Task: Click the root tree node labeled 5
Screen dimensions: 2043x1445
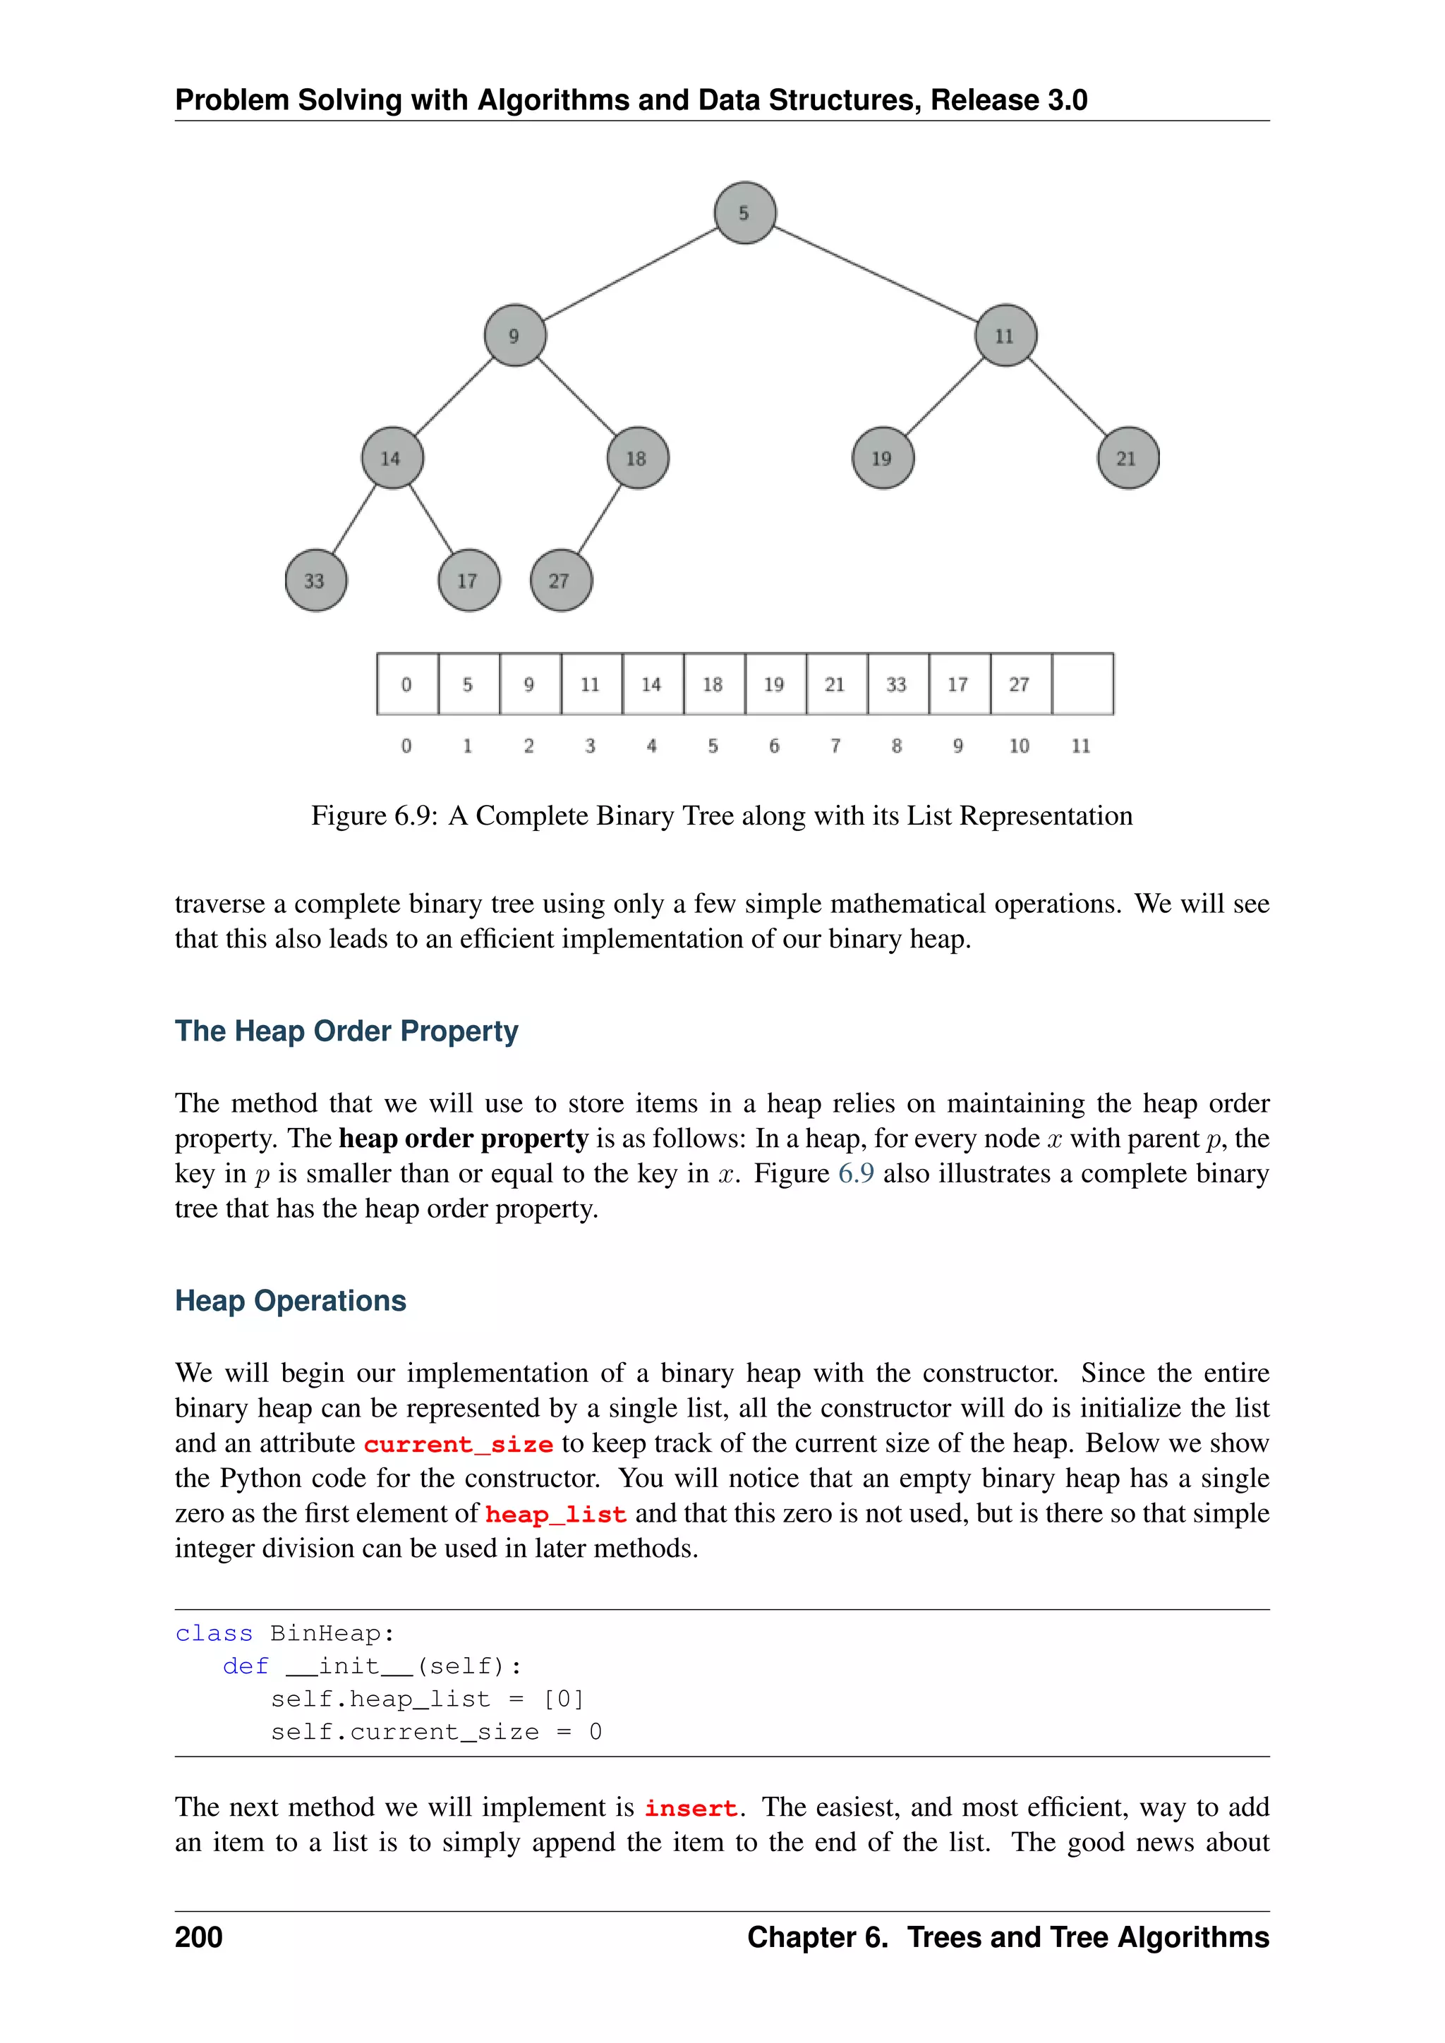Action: (x=745, y=212)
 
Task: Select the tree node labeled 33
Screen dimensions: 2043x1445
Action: (x=316, y=581)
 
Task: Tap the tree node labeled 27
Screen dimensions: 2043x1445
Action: (x=560, y=581)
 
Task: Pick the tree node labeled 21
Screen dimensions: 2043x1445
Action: (x=1128, y=459)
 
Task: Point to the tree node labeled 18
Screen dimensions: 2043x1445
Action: (x=637, y=459)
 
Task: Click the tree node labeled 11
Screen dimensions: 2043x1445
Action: (x=1005, y=336)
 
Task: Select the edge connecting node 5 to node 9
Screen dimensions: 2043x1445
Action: (x=630, y=274)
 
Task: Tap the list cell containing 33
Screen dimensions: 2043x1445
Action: (x=897, y=684)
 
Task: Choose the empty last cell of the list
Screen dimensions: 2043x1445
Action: (x=1082, y=684)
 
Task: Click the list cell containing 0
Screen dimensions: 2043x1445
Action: (x=406, y=684)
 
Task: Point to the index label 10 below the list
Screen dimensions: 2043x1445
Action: (x=1019, y=746)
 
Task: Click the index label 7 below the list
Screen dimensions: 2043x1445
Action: (x=835, y=746)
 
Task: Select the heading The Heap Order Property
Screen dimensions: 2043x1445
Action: (x=346, y=1031)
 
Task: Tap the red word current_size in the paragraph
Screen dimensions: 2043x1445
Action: (x=458, y=1444)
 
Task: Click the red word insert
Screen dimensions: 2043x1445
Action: (x=691, y=1808)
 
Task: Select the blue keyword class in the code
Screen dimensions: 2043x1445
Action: (x=214, y=1634)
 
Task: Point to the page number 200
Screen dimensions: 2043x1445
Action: (x=198, y=1936)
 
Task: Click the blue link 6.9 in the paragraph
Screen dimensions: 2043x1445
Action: (x=855, y=1174)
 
